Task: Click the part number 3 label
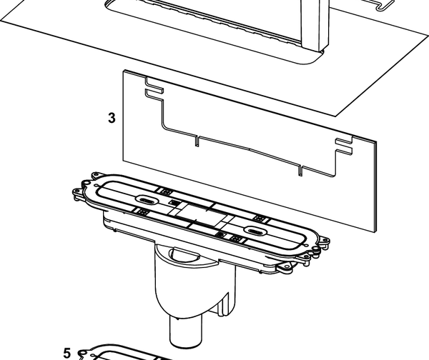[x=112, y=118]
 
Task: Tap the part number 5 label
[x=67, y=353]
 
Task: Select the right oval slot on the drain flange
[x=255, y=230]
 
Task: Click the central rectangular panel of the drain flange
[x=200, y=214]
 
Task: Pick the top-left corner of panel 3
[x=124, y=71]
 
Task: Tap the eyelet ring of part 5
[x=82, y=352]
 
